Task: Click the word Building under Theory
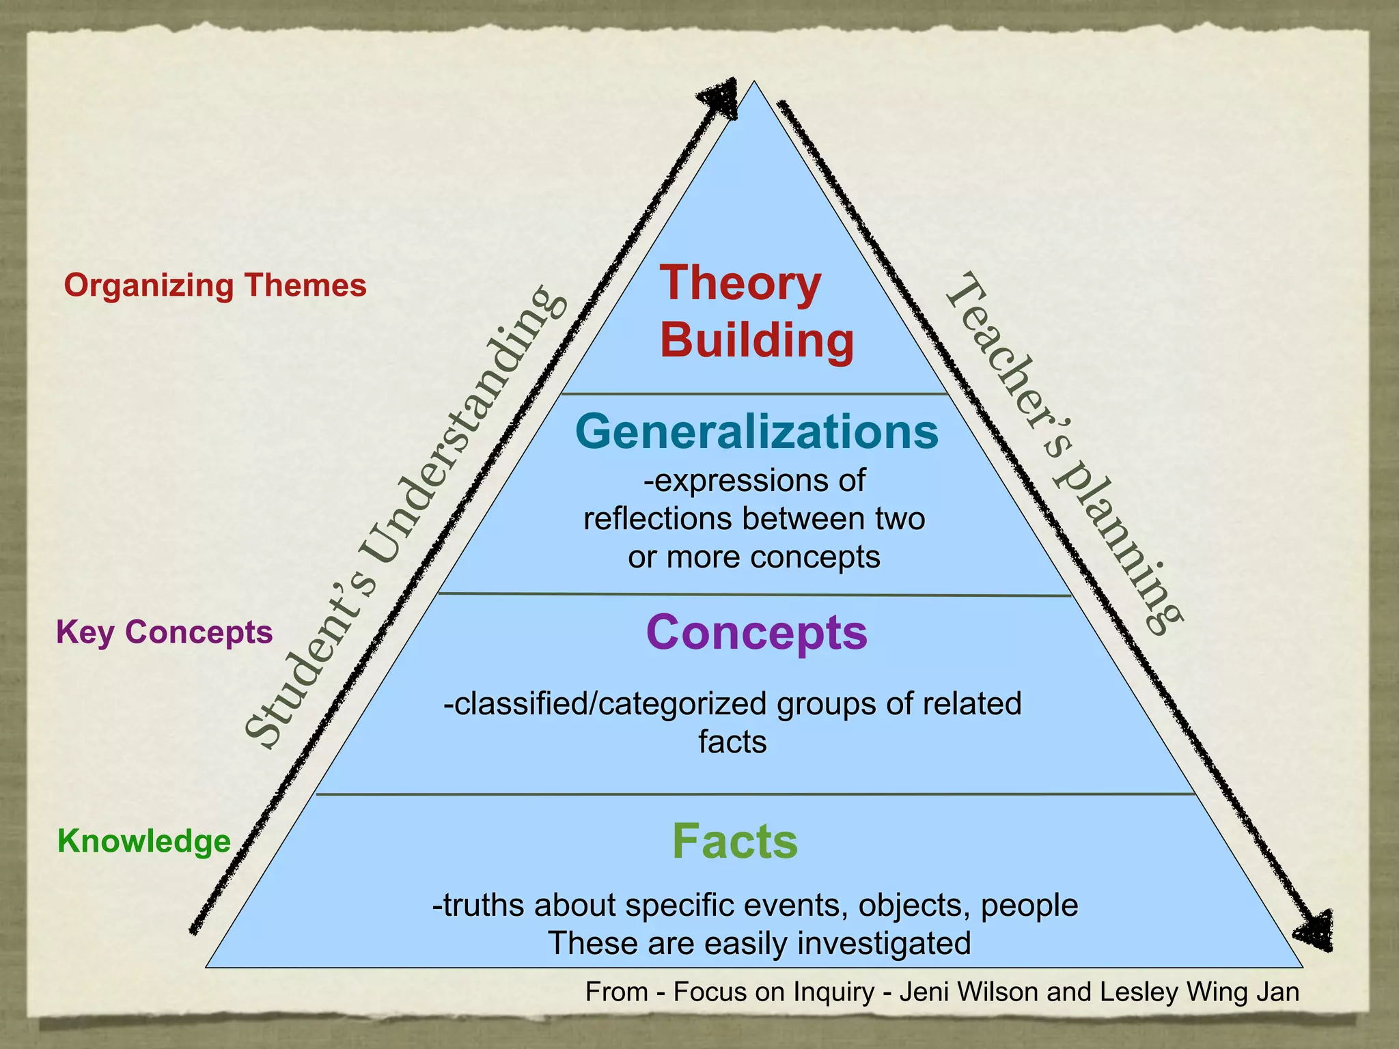(757, 340)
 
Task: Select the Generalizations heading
(757, 432)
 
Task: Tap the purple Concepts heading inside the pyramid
(757, 632)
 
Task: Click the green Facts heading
(735, 841)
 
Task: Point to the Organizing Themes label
(215, 285)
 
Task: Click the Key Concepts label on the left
(165, 632)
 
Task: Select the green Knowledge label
(144, 841)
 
